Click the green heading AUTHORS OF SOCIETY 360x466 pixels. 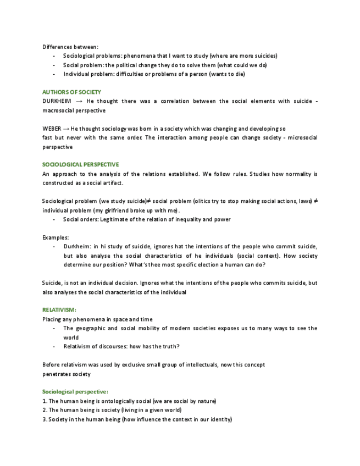[x=71, y=92]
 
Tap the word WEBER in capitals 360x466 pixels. [x=52, y=129]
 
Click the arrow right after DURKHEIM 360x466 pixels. [x=79, y=101]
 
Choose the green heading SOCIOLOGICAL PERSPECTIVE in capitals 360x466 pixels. [x=80, y=164]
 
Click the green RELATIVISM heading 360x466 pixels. [x=59, y=310]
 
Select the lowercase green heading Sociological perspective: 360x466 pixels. [x=75, y=392]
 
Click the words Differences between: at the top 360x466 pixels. [x=70, y=47]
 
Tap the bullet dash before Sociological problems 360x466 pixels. [x=54, y=56]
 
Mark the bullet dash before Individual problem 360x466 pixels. [x=54, y=74]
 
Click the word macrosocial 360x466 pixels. [x=59, y=110]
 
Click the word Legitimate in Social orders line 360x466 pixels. [x=109, y=219]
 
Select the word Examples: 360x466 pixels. [x=56, y=237]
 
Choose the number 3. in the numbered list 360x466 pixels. [x=45, y=419]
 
